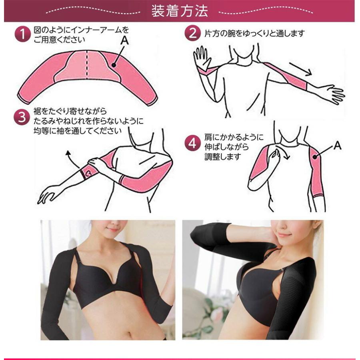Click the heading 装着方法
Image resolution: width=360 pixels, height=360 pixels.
[x=180, y=11]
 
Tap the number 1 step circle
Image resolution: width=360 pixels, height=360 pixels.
[x=23, y=35]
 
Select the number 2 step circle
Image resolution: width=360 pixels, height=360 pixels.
[x=192, y=33]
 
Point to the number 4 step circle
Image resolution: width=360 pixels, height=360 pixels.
[x=193, y=142]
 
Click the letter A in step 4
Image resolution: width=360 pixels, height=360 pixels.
[x=337, y=146]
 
